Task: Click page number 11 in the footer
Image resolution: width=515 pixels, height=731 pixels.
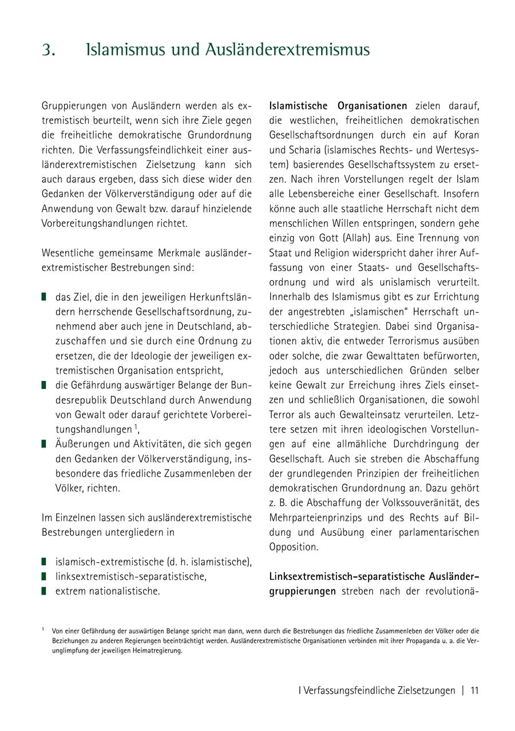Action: (474, 690)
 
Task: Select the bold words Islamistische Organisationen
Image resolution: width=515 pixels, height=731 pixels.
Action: (338, 106)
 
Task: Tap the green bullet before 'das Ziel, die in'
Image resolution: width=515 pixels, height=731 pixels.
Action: (44, 297)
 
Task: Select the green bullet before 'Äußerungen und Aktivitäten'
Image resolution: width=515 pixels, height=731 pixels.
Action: (44, 444)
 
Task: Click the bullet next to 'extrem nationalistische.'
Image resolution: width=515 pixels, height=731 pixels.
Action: (44, 591)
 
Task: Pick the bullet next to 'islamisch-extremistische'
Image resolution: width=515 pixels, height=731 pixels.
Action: (44, 561)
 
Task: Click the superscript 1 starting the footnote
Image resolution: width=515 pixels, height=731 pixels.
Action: (43, 629)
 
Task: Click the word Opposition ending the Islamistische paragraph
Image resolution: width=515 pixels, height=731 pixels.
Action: (294, 547)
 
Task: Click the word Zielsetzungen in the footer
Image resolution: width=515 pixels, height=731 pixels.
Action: (426, 690)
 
